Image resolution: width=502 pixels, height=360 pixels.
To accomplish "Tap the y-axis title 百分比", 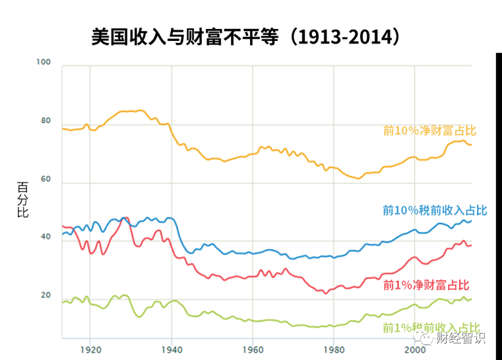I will pyautogui.click(x=23, y=200).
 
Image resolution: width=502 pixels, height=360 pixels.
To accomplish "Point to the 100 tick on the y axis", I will pyautogui.click(x=44, y=62).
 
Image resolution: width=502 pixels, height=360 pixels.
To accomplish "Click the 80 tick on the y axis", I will pyautogui.click(x=45, y=121).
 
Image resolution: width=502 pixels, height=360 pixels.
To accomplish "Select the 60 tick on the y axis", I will pyautogui.click(x=45, y=179).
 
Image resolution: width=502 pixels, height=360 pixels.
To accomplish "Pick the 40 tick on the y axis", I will pyautogui.click(x=45, y=237).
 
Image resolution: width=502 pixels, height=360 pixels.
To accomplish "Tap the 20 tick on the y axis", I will pyautogui.click(x=45, y=295).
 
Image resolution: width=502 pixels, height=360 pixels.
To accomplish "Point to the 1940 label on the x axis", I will pyautogui.click(x=172, y=349).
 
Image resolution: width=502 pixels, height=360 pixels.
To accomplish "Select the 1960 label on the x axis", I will pyautogui.click(x=253, y=349).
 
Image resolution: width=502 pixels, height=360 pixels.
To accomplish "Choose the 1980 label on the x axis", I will pyautogui.click(x=334, y=349).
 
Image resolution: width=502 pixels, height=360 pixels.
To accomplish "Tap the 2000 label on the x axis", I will pyautogui.click(x=415, y=349).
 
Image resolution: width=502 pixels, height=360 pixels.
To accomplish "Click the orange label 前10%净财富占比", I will pyautogui.click(x=429, y=131).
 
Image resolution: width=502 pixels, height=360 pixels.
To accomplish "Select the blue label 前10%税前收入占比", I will pyautogui.click(x=435, y=210).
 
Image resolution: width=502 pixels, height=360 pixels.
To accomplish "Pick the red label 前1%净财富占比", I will pyautogui.click(x=426, y=285).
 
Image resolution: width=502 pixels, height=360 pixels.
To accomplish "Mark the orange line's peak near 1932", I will pyautogui.click(x=140, y=110).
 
